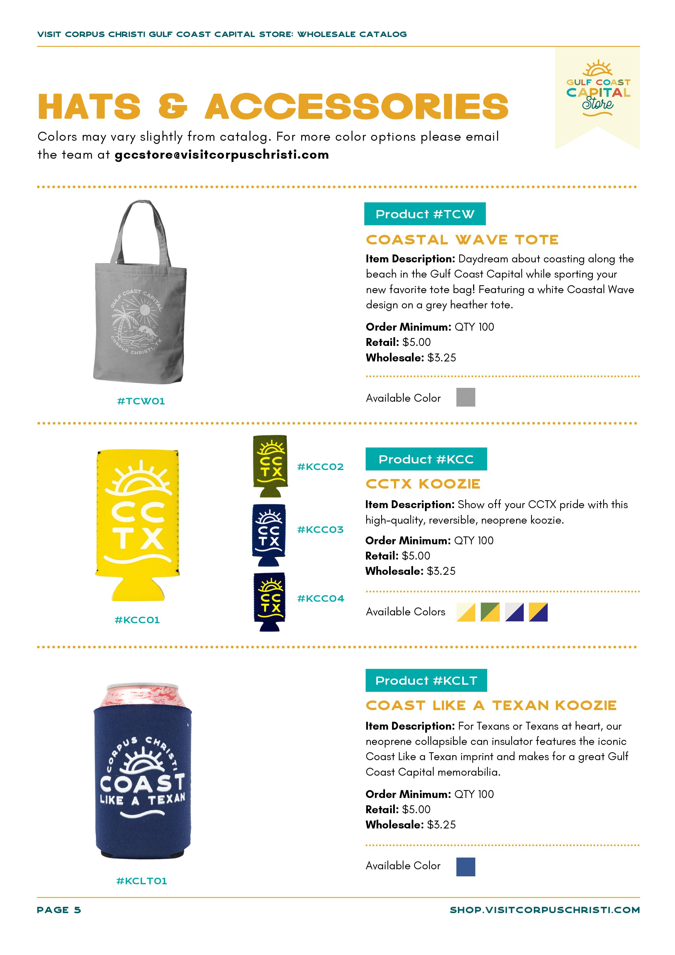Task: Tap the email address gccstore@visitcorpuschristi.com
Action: click(222, 155)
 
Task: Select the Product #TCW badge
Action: click(425, 214)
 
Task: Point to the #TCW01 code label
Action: click(141, 401)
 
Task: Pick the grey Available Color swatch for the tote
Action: click(466, 397)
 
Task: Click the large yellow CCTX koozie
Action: click(138, 524)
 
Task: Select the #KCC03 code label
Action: click(320, 530)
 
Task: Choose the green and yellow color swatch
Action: click(490, 612)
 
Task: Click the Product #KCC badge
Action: click(426, 459)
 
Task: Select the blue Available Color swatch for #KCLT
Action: click(466, 867)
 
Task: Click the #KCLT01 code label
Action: click(141, 881)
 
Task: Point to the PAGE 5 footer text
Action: click(59, 910)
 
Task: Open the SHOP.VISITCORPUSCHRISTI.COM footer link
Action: click(544, 910)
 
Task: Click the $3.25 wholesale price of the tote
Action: click(441, 358)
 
